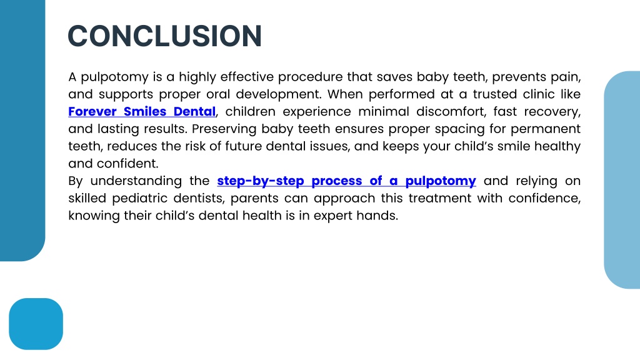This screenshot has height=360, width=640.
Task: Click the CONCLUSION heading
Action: [x=164, y=36]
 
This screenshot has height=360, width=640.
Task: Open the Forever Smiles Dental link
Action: [x=142, y=111]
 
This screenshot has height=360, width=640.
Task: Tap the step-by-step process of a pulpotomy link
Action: [x=346, y=181]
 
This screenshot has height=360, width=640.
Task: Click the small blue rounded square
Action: [x=36, y=324]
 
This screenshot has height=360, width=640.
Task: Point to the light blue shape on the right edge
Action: [x=622, y=180]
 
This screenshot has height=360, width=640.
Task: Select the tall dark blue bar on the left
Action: [x=22, y=131]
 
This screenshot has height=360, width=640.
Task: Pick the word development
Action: [x=279, y=94]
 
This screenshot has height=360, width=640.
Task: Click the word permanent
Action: [x=545, y=129]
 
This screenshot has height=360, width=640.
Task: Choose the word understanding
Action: [x=136, y=181]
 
